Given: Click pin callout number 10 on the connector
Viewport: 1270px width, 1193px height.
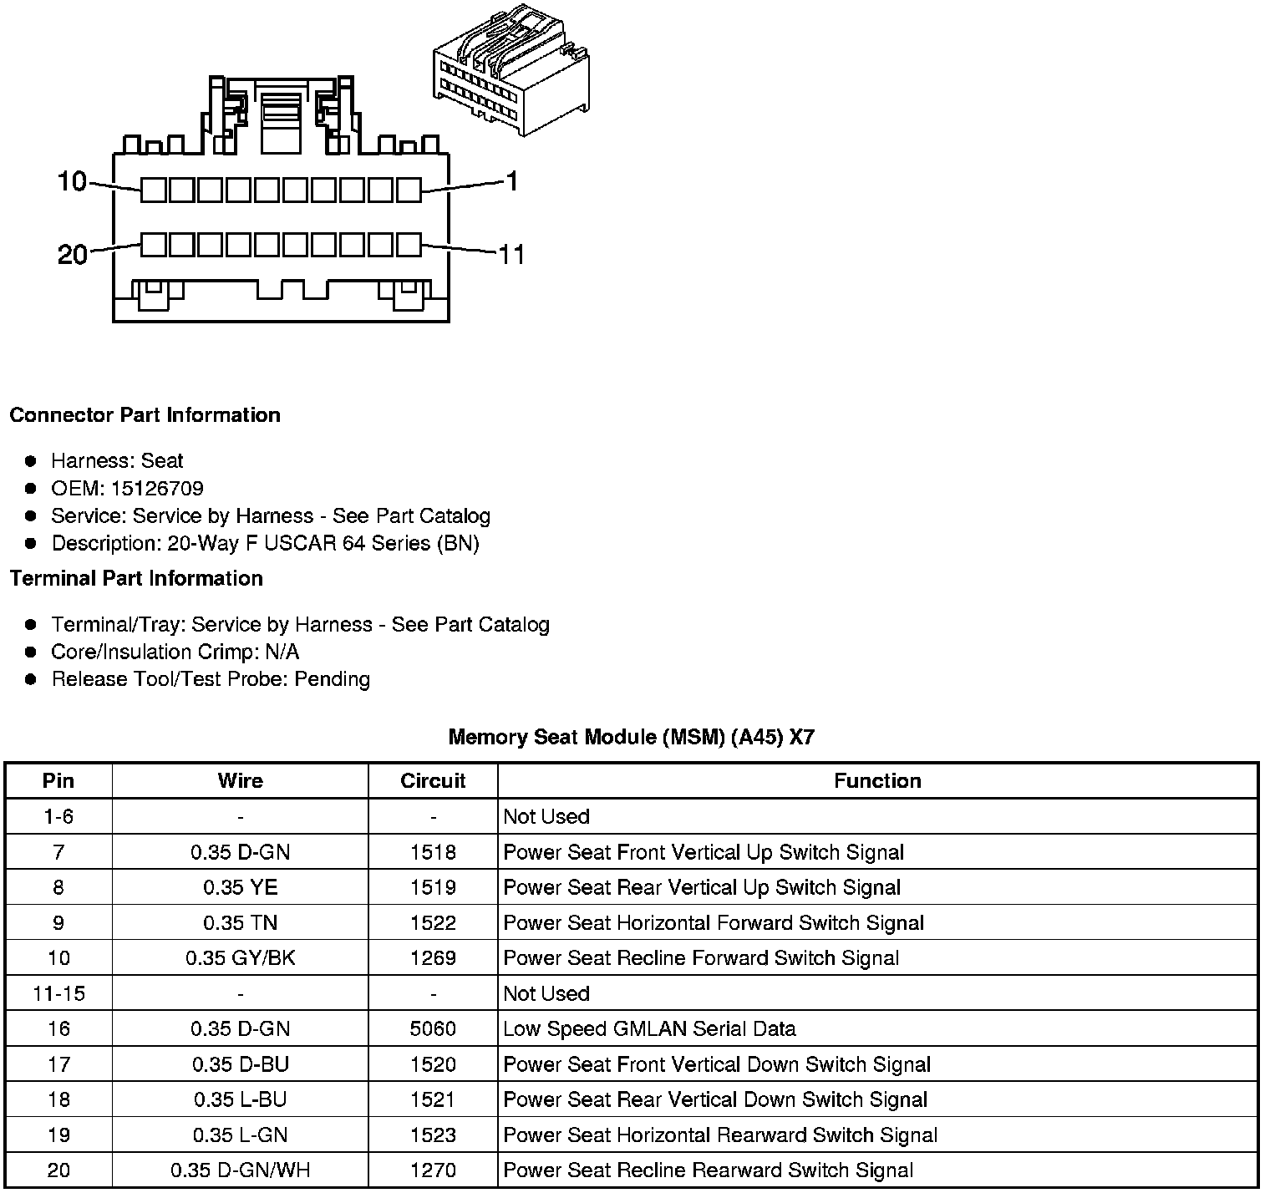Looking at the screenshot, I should pos(72,180).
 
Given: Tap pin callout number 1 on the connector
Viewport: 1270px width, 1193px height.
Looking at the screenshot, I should pos(512,180).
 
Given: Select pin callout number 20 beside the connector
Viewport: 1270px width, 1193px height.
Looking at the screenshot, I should pos(72,254).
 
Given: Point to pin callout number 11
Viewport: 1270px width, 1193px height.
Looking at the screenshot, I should pos(511,254).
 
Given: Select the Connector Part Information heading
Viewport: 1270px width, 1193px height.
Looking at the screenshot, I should pos(145,415).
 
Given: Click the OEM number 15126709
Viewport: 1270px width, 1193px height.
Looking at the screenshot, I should pos(156,489).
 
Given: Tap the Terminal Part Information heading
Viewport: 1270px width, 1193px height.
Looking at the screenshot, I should pos(136,578).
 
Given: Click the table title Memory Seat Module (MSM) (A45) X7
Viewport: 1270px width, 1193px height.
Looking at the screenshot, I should pos(631,737).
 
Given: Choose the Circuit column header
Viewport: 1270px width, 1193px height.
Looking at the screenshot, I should pos(433,780).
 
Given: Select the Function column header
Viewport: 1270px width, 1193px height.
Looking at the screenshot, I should pos(877,780).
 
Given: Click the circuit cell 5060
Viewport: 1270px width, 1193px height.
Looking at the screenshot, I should pos(433,1028).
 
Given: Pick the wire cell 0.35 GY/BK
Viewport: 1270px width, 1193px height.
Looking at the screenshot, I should pos(241,957).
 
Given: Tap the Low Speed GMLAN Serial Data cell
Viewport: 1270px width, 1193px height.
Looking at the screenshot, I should pos(649,1028).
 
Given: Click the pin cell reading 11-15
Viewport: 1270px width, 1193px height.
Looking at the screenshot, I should pos(58,993).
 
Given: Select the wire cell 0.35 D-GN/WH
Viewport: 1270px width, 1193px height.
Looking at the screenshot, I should pos(241,1170).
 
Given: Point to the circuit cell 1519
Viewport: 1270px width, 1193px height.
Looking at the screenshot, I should pos(433,887).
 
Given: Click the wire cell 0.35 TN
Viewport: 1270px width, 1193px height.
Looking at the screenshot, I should pos(241,922).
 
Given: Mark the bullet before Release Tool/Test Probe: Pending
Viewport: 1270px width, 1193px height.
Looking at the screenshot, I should pos(31,679).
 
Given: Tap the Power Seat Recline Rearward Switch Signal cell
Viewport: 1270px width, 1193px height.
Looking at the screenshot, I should pos(708,1170).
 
